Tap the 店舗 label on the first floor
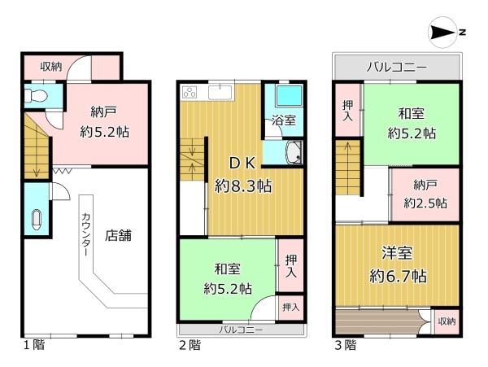pos(118,236)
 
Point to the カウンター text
pos(85,235)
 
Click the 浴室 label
pos(283,120)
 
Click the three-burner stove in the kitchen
pos(191,92)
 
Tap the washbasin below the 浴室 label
pos(293,151)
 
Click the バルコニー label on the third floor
pos(396,65)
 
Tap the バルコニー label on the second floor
pos(241,330)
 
